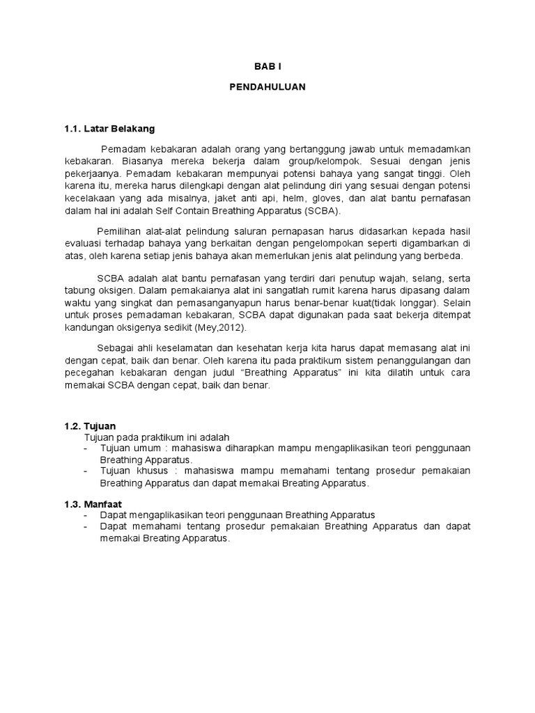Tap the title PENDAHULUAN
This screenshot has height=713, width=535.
click(267, 87)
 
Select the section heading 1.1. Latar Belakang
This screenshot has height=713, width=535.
click(109, 129)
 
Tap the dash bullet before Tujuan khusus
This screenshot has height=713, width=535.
click(85, 471)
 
